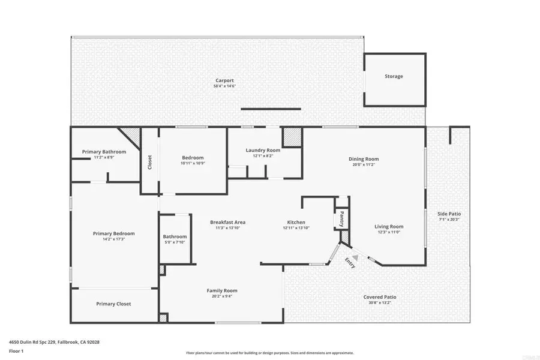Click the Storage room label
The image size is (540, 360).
pos(394,77)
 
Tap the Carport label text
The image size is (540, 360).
pos(225,80)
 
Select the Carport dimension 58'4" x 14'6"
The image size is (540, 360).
pos(225,86)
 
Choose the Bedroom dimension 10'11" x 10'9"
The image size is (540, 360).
pos(193,163)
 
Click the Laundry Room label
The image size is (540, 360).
pos(263,150)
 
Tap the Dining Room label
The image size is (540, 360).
pos(364,159)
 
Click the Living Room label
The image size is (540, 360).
pos(389,226)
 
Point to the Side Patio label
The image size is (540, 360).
pos(449,214)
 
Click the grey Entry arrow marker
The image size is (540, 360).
pos(355,257)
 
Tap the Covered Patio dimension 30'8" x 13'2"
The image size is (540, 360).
pos(380,303)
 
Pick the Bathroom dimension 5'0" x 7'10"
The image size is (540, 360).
pos(175,242)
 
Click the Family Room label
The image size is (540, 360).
pos(222,290)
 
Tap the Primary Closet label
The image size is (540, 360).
pos(113,304)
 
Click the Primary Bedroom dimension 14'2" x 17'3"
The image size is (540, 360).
pos(113,239)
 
